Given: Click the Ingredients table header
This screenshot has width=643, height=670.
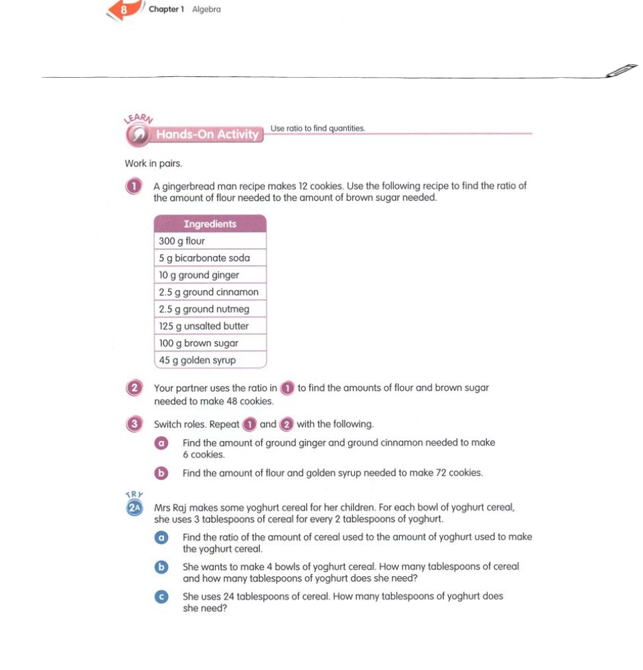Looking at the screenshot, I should pos(210,224).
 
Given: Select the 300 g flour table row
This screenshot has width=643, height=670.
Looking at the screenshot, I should pos(210,241).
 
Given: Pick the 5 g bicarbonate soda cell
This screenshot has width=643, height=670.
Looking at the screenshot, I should pos(210,258).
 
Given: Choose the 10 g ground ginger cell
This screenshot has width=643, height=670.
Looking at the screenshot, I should pos(210,275).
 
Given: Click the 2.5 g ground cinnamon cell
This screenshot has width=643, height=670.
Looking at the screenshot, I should pos(210,292).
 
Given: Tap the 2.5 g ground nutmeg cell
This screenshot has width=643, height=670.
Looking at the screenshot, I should pos(210,309).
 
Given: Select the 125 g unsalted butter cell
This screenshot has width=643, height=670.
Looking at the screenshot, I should pos(210,326).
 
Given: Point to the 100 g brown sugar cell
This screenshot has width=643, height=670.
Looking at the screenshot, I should pos(210,343).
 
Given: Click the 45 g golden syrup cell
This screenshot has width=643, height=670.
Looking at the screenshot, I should pos(210,360).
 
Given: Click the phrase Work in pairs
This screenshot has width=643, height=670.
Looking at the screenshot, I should pos(153,163).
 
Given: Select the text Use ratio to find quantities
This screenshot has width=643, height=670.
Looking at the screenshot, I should pos(317,128).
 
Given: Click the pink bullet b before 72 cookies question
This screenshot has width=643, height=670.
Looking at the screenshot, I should pos(161,473).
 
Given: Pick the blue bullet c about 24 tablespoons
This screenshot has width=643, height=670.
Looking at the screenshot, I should pos(161,596).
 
